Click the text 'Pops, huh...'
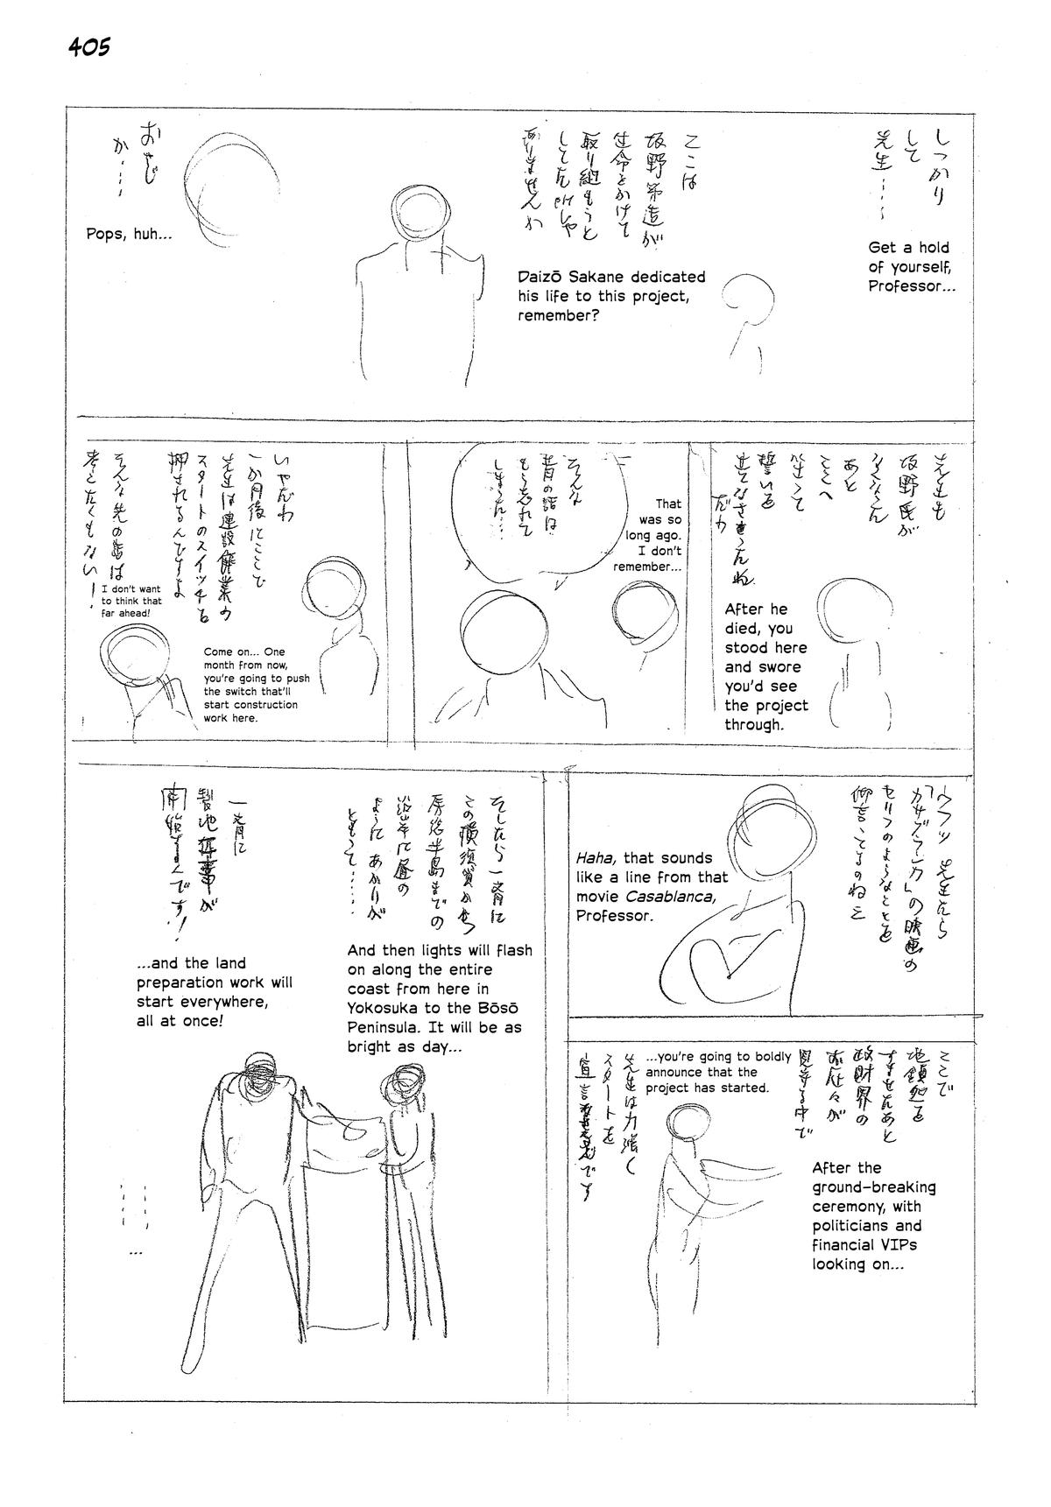129,234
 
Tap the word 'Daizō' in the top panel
540,277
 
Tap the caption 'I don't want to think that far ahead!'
131,602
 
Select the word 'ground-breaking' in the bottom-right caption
873,1187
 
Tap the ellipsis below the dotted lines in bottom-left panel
135,1253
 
